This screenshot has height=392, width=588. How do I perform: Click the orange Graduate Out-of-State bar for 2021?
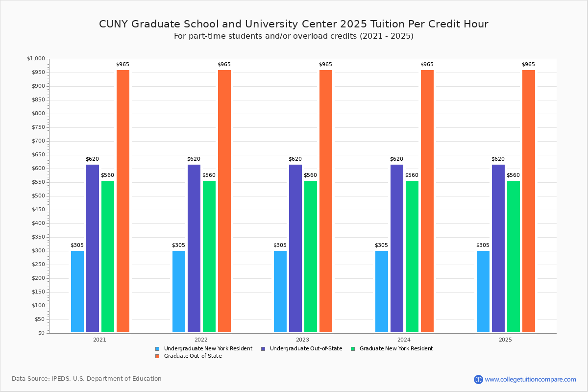[123, 201]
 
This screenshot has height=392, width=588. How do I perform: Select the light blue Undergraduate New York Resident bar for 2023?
[280, 292]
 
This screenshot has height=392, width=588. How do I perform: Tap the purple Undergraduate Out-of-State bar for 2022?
[194, 248]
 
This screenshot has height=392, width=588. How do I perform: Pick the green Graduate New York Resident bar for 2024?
[412, 256]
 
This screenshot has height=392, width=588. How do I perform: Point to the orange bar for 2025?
[529, 201]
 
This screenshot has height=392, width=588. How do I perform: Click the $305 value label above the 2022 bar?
[178, 245]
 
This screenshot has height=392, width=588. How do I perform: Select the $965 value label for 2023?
[325, 65]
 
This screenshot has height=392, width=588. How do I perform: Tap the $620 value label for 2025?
[498, 159]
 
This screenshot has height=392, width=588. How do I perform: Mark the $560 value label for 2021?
[107, 175]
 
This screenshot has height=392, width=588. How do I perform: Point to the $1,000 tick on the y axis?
[36, 59]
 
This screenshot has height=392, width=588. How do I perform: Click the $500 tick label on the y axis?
[38, 196]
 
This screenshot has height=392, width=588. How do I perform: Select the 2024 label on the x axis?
[404, 340]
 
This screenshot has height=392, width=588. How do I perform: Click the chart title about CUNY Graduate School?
[294, 24]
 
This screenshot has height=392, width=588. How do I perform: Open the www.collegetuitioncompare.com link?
[530, 379]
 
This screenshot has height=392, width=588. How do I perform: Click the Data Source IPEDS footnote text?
[87, 379]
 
